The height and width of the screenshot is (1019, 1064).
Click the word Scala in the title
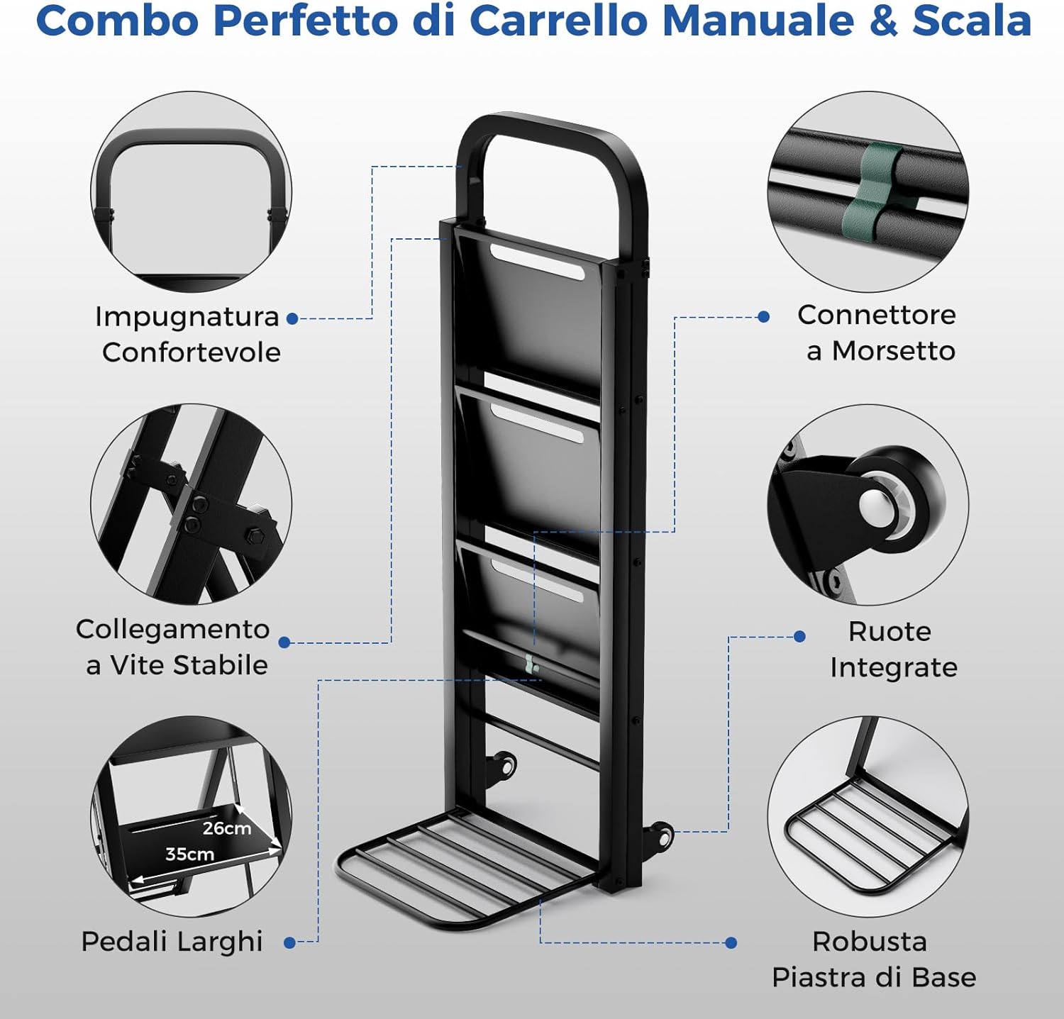click(971, 21)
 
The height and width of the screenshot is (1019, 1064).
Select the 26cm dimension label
click(226, 828)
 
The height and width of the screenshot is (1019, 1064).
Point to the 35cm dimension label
click(189, 854)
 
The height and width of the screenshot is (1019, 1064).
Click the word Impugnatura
click(187, 317)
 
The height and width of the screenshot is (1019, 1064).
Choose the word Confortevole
click(191, 352)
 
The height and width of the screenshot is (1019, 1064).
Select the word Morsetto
click(893, 351)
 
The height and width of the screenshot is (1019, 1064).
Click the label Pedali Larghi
click(172, 942)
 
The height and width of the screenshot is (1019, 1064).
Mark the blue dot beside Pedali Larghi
click(289, 942)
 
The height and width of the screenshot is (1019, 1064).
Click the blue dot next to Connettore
click(764, 317)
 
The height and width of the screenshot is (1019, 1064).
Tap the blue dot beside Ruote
click(799, 636)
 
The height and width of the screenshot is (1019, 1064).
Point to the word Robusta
click(870, 942)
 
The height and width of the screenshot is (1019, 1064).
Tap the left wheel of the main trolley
click(506, 766)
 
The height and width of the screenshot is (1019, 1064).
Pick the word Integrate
click(893, 667)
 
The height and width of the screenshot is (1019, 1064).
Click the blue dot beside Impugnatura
click(292, 318)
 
